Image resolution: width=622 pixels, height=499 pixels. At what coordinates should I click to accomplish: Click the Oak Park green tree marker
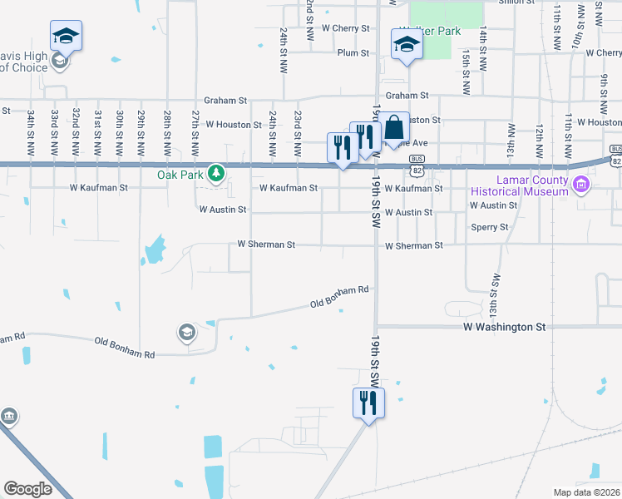(x=216, y=173)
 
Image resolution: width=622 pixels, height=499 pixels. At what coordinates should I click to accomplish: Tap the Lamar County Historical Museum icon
(x=580, y=184)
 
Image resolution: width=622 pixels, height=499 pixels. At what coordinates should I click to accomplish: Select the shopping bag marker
(x=395, y=128)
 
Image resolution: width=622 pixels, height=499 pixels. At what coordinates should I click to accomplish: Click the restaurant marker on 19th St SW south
(x=368, y=403)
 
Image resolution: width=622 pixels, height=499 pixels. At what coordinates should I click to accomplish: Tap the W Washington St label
(x=504, y=328)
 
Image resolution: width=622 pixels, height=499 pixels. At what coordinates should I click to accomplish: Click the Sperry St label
(x=490, y=227)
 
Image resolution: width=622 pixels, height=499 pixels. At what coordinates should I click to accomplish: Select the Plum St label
(x=353, y=53)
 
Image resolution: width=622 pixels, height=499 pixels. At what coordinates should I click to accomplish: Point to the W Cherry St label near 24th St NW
(x=345, y=28)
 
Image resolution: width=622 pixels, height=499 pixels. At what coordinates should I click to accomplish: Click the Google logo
(x=27, y=489)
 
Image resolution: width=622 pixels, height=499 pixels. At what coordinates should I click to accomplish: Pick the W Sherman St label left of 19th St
(x=266, y=245)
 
